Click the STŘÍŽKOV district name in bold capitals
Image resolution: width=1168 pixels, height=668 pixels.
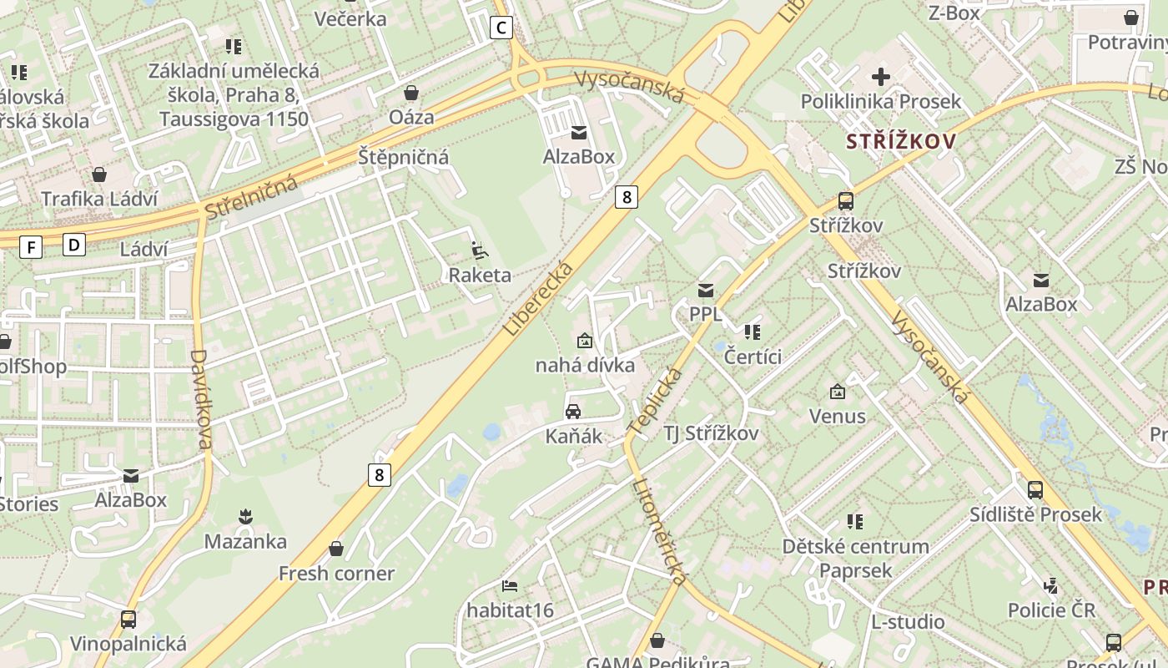901,141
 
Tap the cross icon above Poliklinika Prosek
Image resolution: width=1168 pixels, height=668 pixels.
880,77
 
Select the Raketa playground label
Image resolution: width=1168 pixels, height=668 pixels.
480,275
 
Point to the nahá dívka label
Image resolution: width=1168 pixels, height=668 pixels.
585,365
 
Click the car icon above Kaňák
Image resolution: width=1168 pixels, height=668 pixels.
573,411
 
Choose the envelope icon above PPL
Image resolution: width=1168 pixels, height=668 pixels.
706,290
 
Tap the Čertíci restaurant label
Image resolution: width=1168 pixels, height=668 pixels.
753,357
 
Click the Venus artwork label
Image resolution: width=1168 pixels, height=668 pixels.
837,416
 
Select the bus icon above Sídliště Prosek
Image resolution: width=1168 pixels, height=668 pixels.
1035,489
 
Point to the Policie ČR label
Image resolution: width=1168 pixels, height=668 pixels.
1051,610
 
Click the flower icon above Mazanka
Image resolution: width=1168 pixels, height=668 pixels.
245,517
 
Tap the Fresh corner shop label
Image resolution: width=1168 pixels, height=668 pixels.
336,574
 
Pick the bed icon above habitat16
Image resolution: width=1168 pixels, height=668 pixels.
510,585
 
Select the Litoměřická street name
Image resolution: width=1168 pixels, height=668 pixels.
660,532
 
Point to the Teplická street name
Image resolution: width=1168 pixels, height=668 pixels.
655,401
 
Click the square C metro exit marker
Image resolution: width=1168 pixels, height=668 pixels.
501,28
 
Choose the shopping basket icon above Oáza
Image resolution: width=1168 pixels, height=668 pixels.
410,92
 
